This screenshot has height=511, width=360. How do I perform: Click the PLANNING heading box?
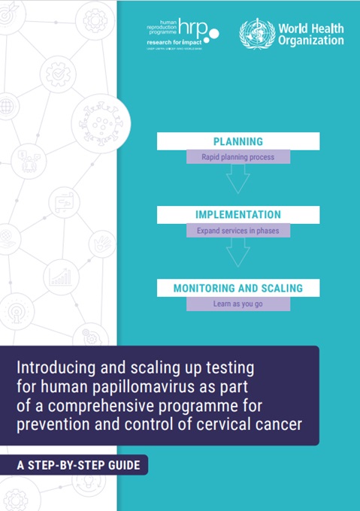point(237,141)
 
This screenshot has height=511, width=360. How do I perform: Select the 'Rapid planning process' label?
point(237,158)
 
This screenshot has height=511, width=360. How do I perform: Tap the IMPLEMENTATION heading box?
point(237,214)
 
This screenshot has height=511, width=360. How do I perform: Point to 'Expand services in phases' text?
point(237,231)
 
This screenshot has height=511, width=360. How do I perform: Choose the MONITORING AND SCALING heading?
point(237,288)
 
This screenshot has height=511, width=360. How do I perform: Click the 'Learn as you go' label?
point(237,304)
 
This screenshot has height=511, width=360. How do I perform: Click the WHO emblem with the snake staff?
point(254,34)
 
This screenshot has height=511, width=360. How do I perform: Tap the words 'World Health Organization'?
point(310,35)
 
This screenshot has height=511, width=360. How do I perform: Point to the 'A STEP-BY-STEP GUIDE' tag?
point(79,465)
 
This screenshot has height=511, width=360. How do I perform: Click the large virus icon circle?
point(101,120)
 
